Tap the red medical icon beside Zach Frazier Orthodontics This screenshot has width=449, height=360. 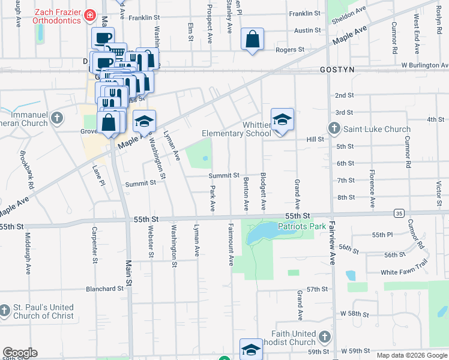click(x=90, y=14)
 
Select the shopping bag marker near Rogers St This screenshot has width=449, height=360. click(x=252, y=40)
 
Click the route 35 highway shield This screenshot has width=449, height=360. click(x=399, y=213)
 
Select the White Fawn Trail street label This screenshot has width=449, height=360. click(x=405, y=272)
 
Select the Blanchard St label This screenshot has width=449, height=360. click(x=104, y=289)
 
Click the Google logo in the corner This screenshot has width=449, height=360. click(x=20, y=353)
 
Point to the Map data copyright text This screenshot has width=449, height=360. click(x=412, y=355)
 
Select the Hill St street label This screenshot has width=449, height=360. click(x=315, y=139)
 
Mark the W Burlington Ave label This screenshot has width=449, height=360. click(x=424, y=65)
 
